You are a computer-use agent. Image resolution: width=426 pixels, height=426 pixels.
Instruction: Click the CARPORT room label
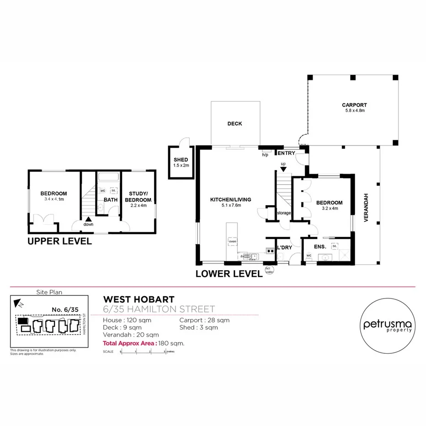(354, 105)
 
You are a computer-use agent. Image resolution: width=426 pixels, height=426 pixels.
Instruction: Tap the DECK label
(234, 124)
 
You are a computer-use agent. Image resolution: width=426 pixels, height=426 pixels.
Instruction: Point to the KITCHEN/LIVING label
(231, 199)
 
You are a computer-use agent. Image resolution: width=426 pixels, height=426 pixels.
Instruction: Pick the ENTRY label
(287, 153)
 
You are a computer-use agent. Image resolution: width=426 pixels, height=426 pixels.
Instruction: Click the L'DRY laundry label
(285, 248)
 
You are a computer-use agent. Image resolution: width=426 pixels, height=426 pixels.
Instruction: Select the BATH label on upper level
(110, 199)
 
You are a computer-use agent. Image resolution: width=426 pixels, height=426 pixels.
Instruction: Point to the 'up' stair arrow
(283, 169)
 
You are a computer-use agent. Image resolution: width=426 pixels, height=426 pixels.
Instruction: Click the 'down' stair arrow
(87, 220)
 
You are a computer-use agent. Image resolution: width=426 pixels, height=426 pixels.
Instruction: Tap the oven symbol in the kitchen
(233, 241)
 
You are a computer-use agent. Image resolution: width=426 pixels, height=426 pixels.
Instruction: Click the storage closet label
(283, 213)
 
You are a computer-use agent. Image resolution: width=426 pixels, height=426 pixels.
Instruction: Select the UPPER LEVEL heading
(60, 241)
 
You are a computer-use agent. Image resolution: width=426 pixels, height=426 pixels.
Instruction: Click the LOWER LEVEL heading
(229, 274)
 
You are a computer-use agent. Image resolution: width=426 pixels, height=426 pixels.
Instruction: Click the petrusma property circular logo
(388, 325)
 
